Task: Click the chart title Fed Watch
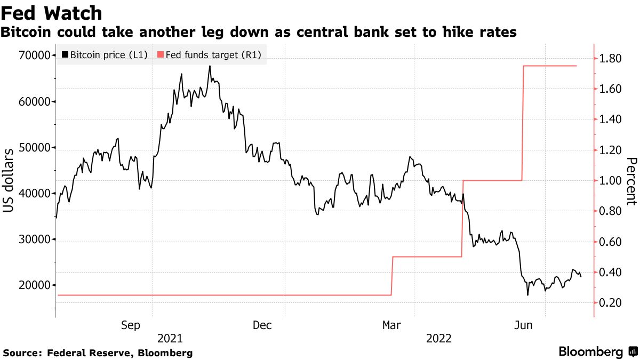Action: point(52,12)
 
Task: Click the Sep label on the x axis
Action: point(131,325)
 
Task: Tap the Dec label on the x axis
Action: point(263,325)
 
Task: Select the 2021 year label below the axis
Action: point(170,339)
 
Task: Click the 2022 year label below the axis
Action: point(438,339)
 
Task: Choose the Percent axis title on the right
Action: point(631,181)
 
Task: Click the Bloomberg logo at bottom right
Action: point(591,353)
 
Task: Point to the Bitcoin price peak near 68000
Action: point(210,66)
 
